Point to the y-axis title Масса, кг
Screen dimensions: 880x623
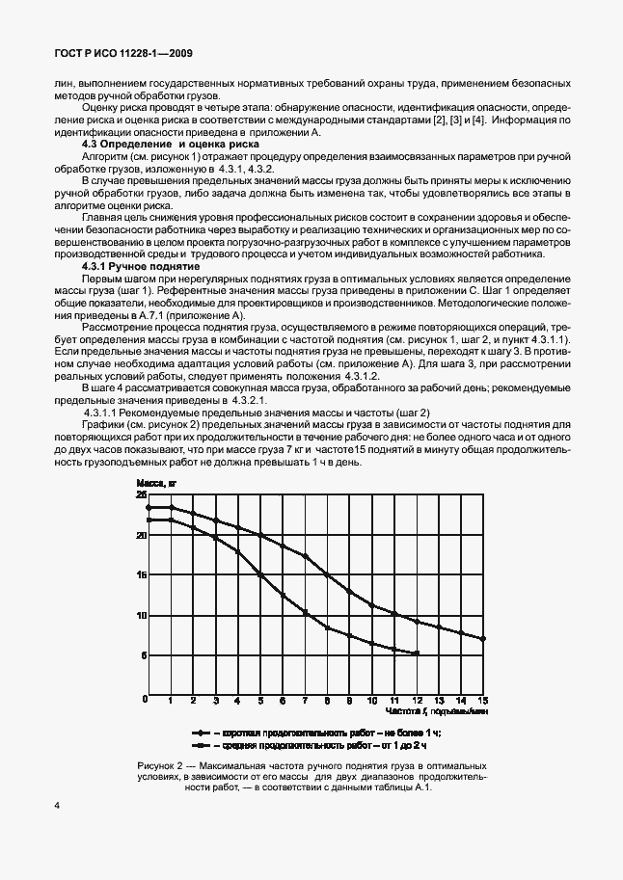(156, 482)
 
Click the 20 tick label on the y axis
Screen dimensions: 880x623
(141, 535)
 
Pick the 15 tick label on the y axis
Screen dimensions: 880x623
(141, 575)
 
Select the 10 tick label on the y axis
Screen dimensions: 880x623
(141, 616)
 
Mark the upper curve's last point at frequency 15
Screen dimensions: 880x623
(483, 639)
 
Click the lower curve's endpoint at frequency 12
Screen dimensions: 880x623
(417, 653)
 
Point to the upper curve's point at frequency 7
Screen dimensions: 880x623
(305, 556)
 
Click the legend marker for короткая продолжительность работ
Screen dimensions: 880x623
(203, 733)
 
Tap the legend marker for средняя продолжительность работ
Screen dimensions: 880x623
(203, 745)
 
